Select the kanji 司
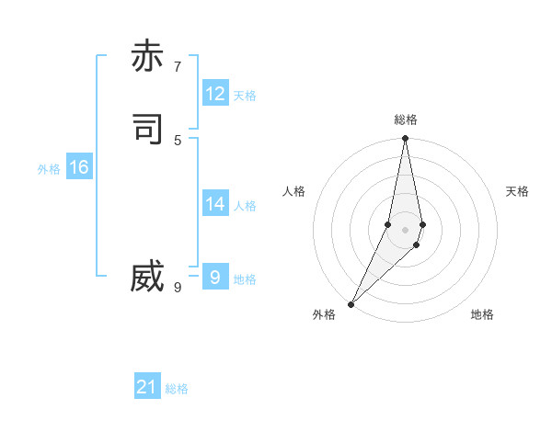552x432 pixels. coord(147,129)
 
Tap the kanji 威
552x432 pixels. coord(147,277)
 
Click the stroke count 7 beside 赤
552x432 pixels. coord(178,66)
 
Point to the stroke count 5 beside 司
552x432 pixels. coord(178,140)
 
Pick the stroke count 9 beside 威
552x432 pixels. coord(178,288)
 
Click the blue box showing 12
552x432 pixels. coord(215,94)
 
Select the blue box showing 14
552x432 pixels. coord(215,204)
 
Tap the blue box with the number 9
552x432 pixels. coord(215,277)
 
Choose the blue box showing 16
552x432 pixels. coord(79,167)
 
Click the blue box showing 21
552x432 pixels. coord(147,387)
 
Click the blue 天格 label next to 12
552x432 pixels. coord(245,96)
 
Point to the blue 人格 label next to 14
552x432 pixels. coord(245,206)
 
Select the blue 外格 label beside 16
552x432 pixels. coord(49,169)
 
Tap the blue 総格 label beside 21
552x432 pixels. coord(177,389)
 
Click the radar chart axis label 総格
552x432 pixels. coord(406,119)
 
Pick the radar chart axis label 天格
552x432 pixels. coord(517,191)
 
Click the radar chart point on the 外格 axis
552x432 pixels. coord(351,304)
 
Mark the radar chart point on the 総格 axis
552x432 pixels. coord(406,139)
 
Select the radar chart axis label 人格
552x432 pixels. coord(293,191)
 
